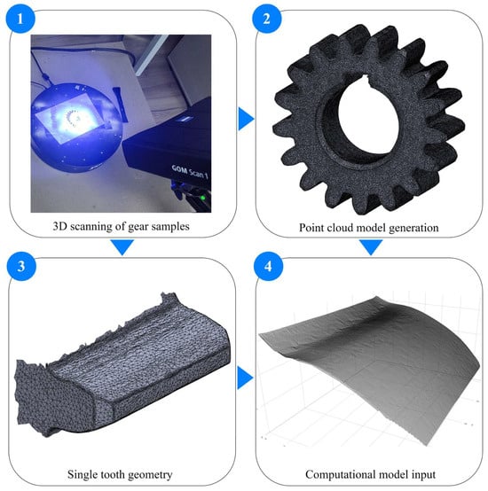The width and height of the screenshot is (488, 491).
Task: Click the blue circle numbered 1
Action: pos(20,19)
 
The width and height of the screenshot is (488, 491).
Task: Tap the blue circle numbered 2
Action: pos(267,19)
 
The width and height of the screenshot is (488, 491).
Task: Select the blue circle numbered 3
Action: pos(21,267)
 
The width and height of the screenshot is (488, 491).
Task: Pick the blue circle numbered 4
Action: pos(268,267)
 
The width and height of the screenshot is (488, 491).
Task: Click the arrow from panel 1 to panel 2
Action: pos(246,119)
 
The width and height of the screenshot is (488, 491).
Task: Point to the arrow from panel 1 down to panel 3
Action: pos(122,247)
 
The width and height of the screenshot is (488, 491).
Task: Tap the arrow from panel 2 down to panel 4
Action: pos(371,247)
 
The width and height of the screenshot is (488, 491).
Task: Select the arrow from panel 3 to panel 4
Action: pos(246,378)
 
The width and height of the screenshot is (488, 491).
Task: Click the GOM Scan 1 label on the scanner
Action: pos(190,172)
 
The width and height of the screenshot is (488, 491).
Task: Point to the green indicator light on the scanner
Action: pos(203,198)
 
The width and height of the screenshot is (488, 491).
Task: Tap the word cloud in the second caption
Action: pos(340,228)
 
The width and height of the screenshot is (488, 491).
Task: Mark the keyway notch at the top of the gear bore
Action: pos(367,81)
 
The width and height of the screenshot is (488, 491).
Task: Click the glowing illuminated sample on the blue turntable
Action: pos(74,120)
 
